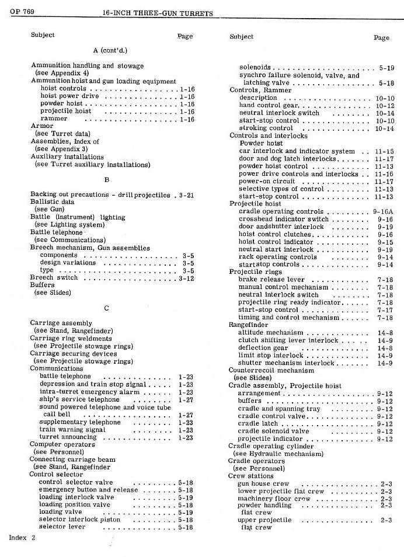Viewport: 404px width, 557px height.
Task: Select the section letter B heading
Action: point(107,180)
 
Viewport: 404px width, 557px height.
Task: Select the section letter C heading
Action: point(107,309)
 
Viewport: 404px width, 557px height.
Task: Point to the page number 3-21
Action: point(186,194)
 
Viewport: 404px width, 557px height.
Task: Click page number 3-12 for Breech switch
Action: point(186,278)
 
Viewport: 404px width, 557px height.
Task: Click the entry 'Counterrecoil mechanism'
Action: point(271,370)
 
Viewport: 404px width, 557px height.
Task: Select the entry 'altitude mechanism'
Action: point(270,332)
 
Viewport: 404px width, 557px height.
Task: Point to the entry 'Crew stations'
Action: point(248,476)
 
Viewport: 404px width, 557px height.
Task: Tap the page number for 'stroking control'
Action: point(385,128)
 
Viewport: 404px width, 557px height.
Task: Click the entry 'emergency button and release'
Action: point(88,490)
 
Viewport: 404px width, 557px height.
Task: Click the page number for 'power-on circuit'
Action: point(385,182)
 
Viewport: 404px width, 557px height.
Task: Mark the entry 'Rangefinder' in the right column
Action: point(249,325)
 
